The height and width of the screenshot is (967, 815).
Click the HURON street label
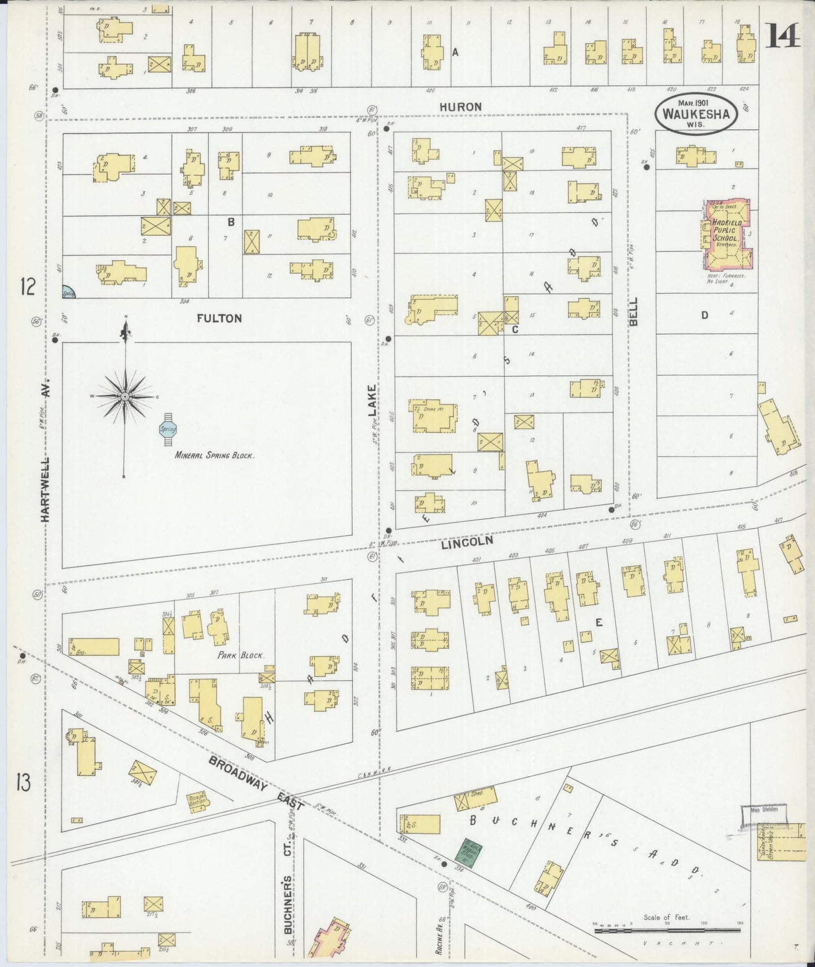461,107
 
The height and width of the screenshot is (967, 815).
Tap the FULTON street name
219,319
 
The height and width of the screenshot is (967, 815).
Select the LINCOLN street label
467,543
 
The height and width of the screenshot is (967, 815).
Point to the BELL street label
633,311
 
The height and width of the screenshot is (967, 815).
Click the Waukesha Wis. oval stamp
695,113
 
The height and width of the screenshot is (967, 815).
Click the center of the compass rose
125,397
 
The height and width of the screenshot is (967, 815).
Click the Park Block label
241,656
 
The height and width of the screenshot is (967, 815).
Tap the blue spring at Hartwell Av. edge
68,292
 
